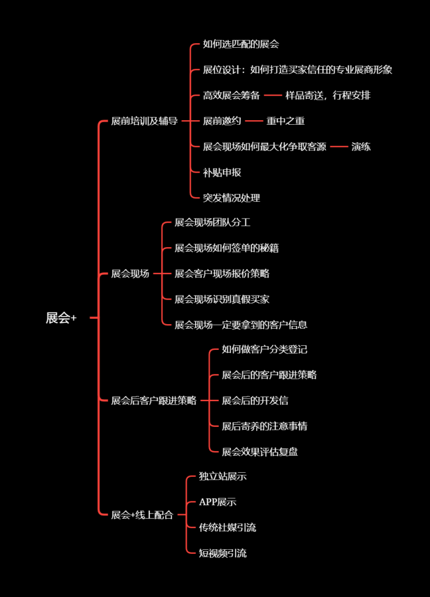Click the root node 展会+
(x=61, y=318)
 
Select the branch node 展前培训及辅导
(x=144, y=121)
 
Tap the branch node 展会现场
(x=130, y=274)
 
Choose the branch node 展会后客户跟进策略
(x=153, y=401)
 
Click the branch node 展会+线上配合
(x=142, y=515)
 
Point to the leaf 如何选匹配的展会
(x=241, y=44)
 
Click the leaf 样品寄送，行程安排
(x=328, y=95)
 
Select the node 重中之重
(x=285, y=121)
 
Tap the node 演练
(x=361, y=146)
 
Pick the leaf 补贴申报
(x=222, y=173)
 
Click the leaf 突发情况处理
(x=231, y=198)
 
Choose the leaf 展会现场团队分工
(x=212, y=222)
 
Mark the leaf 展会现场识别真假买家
(x=222, y=299)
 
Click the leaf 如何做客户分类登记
(x=264, y=350)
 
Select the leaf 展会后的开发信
(x=255, y=401)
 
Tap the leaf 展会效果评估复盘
(x=260, y=452)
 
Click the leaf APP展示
(x=218, y=502)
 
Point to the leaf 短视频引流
(x=222, y=553)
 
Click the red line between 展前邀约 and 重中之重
(x=254, y=121)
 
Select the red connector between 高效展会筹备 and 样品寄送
(x=273, y=95)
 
